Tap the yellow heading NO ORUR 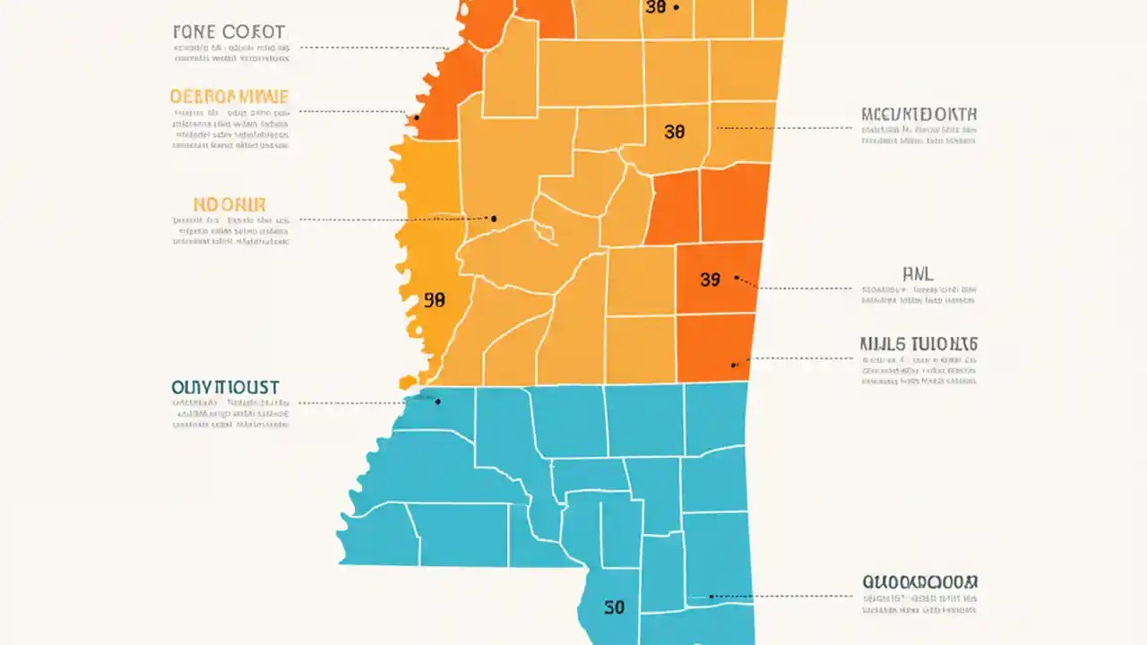coord(229,204)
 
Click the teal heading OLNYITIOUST coord(225,388)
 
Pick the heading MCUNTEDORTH coord(918,115)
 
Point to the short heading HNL coord(918,274)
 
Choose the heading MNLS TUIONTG coord(918,343)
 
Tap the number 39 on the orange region coord(709,279)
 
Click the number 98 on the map coord(434,301)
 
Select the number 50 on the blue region coord(614,608)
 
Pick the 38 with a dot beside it coord(655,7)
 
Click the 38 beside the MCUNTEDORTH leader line coord(674,132)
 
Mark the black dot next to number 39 coord(737,278)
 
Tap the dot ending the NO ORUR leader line coord(493,218)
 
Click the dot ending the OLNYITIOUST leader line coord(437,402)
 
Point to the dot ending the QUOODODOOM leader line coord(711,596)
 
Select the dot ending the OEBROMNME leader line coord(416,117)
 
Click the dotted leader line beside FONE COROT coord(372,47)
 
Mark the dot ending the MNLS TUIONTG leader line coord(734,364)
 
